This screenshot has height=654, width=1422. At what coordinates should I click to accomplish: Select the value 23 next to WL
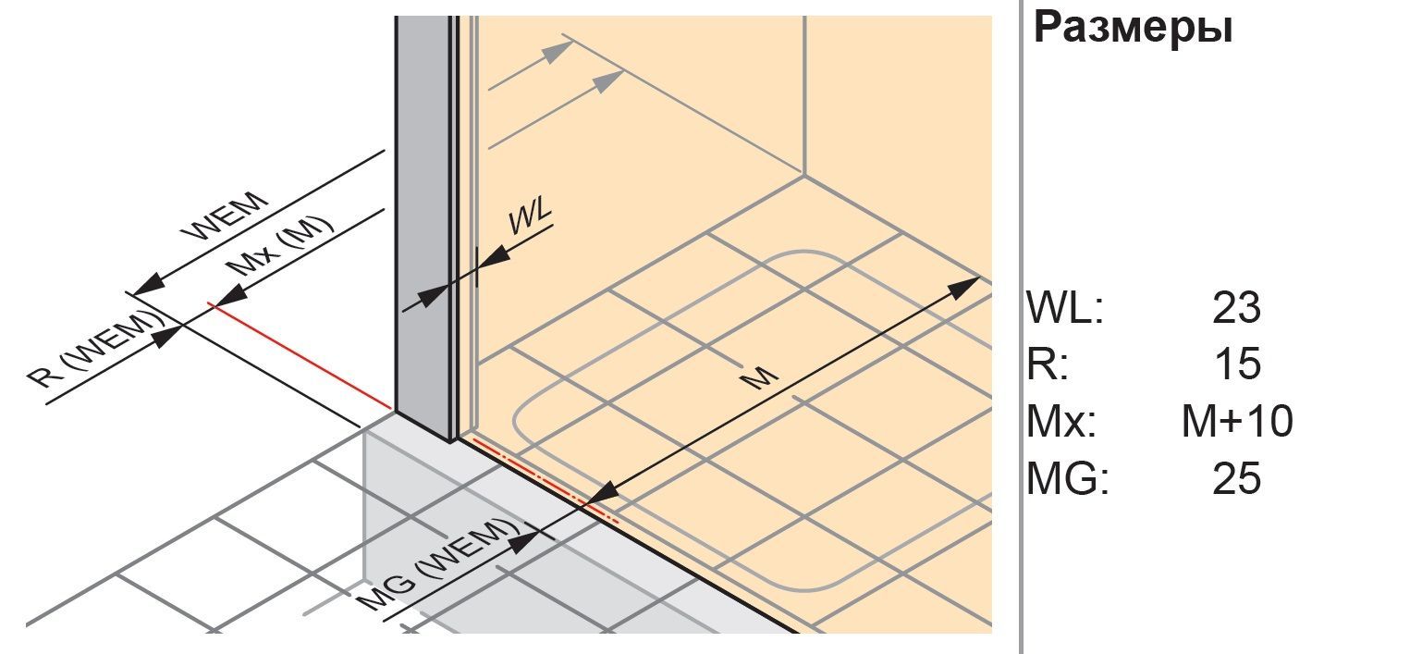[1236, 308]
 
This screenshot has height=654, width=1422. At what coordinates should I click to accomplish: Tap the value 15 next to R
[1237, 364]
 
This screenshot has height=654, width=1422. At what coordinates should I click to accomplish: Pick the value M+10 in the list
[1237, 421]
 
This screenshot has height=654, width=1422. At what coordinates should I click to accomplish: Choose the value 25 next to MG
[1236, 478]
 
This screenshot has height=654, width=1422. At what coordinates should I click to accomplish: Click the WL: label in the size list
[1065, 308]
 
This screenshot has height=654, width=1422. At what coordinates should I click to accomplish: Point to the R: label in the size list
[1048, 364]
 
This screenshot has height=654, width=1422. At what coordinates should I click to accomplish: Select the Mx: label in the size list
[1061, 421]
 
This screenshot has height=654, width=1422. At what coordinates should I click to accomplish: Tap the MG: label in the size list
[1068, 478]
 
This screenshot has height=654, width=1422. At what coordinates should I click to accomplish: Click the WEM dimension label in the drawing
[224, 216]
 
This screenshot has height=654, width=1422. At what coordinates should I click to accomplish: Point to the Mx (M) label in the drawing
[280, 247]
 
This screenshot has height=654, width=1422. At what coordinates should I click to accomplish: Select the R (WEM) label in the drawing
[95, 350]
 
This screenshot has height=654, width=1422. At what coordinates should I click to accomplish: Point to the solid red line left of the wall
[300, 356]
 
